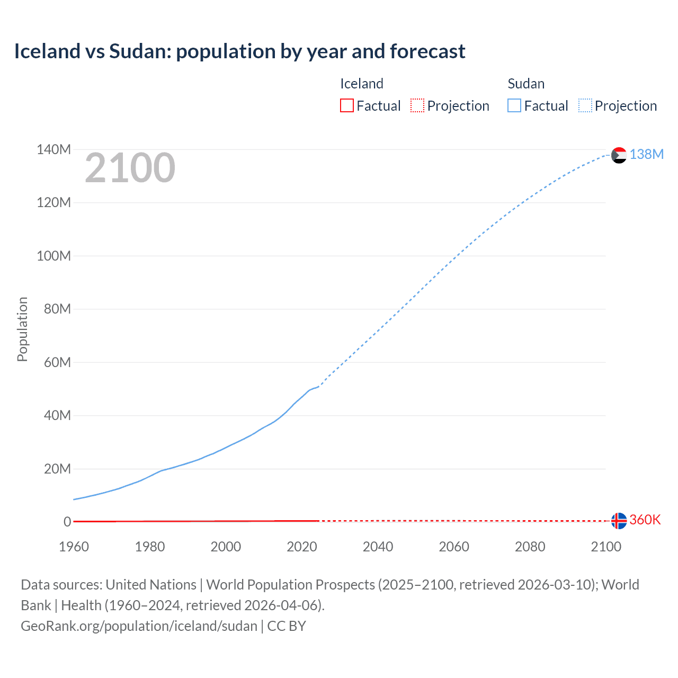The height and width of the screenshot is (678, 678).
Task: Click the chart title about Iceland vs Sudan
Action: (239, 51)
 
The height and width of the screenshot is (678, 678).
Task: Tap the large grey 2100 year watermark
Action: (130, 168)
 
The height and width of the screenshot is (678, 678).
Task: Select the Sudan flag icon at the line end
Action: (619, 155)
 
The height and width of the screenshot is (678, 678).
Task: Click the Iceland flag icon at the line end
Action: (619, 521)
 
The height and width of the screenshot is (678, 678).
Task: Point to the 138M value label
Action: (646, 154)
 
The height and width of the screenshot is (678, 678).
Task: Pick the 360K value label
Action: (645, 520)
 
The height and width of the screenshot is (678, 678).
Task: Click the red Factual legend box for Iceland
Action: (346, 105)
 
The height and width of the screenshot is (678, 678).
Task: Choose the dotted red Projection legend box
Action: (417, 105)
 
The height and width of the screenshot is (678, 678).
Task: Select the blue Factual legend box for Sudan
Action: (514, 105)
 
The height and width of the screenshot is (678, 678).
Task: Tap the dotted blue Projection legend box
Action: (585, 105)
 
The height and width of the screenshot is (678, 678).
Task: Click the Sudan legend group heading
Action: (526, 84)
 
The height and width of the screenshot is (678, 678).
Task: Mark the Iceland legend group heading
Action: (362, 84)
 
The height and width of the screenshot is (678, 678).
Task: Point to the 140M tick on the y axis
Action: (53, 149)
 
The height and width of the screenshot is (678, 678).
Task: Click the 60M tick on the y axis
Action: (57, 362)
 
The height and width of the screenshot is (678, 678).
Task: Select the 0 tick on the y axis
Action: (67, 522)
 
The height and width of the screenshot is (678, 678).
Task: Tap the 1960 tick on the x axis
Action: (74, 547)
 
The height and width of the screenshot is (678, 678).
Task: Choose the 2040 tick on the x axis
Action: (378, 547)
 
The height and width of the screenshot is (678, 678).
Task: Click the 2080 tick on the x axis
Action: (530, 547)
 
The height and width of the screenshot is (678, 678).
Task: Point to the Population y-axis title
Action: (22, 329)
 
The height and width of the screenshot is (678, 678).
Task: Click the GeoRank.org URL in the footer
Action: (139, 626)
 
